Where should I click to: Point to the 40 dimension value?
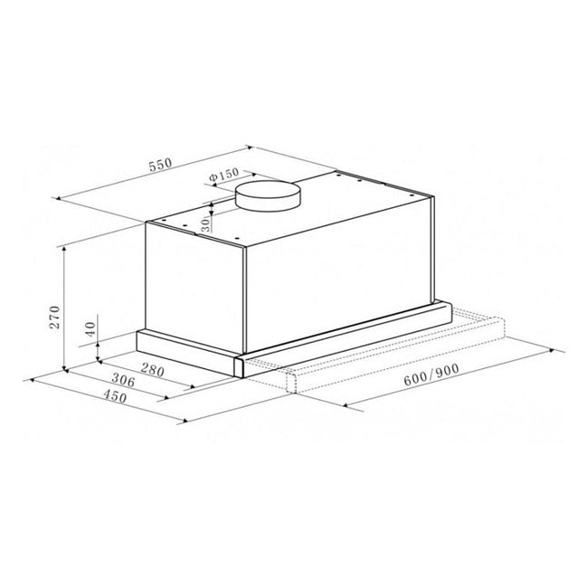(x=90, y=331)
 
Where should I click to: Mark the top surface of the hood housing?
(x=299, y=213)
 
